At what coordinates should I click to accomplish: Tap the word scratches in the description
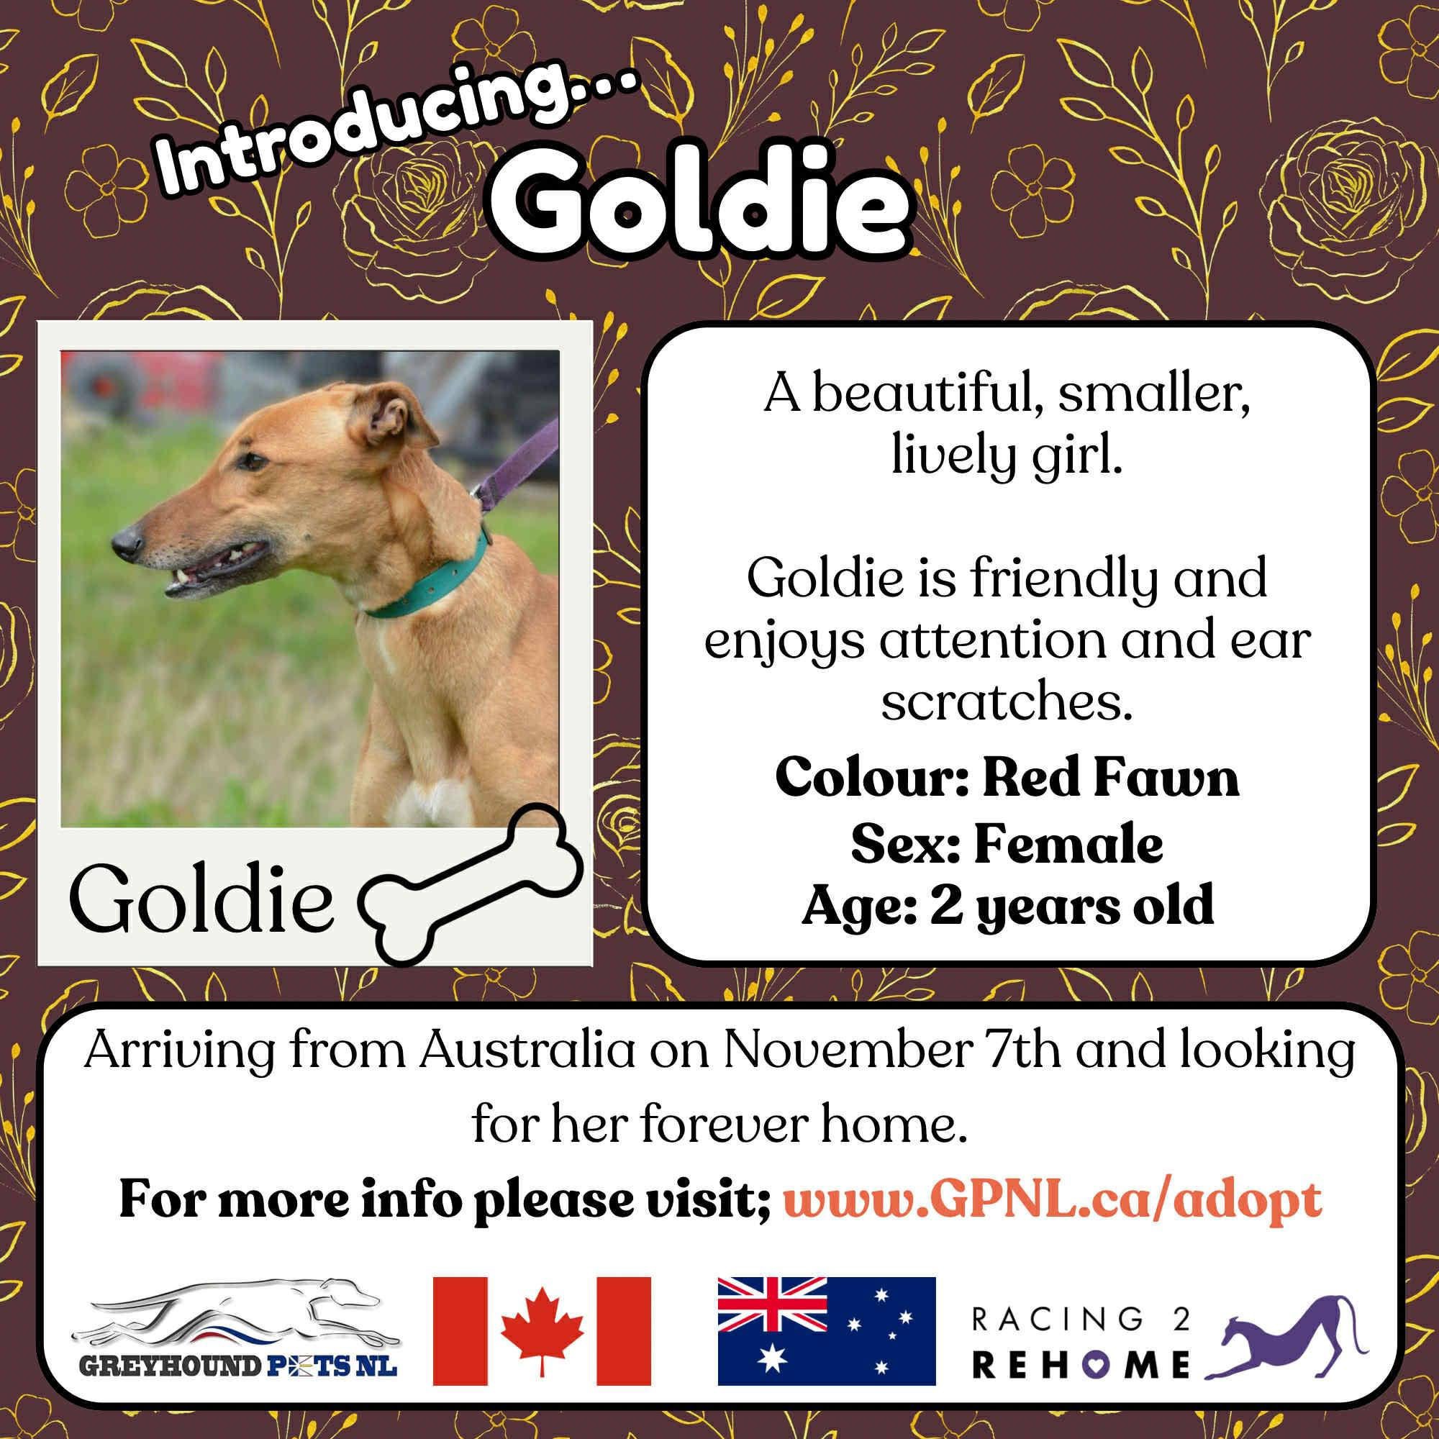tap(1007, 703)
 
